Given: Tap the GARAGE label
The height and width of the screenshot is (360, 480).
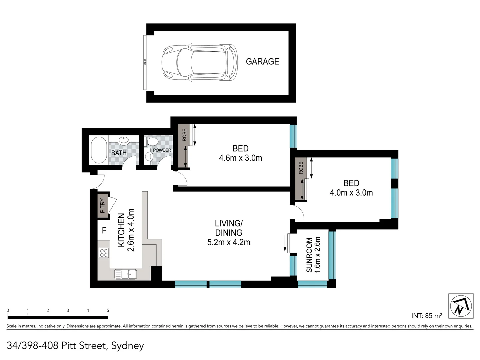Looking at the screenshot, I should coord(262,61).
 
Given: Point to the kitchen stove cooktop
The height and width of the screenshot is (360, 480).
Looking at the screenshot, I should coord(103,253).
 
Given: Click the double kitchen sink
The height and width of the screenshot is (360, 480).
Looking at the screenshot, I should coord(125,274).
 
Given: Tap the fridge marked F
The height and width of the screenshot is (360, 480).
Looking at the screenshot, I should coord(104,230).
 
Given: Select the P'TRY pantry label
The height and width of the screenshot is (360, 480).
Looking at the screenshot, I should coord(103,206).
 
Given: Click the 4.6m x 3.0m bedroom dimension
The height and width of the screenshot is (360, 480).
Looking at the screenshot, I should coord(240,158).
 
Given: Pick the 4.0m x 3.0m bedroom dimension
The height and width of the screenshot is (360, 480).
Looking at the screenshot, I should coord(351,193).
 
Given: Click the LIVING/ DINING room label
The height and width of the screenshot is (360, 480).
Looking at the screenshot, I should coord(228,228).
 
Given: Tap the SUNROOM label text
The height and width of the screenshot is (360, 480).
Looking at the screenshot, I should coord(309,255).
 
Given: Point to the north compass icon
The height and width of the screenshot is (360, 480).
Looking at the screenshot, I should coord(461,306).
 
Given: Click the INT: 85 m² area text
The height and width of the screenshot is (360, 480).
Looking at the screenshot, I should coord(426,315).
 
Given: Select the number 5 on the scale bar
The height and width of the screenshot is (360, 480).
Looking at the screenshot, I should coord(108,310).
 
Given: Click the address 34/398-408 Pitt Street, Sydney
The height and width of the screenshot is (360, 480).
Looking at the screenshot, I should coord(75,346).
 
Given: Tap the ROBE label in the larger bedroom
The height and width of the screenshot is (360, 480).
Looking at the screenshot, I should coord(184,134).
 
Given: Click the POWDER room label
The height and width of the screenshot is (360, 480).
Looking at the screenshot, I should coord(162,150).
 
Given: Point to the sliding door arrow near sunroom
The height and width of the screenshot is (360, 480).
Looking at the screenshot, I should coord(286,243).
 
